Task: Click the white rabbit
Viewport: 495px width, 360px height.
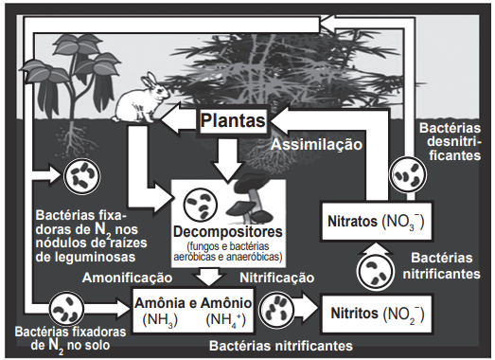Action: click(x=139, y=99)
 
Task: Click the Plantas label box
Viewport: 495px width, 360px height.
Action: click(x=233, y=120)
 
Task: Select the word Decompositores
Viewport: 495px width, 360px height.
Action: click(x=227, y=232)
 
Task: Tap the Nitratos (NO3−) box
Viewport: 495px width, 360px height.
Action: click(x=376, y=222)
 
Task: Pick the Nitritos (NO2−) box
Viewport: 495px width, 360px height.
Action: click(x=377, y=314)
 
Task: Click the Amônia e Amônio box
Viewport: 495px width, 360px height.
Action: click(x=193, y=311)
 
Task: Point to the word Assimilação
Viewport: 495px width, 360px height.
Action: click(x=317, y=144)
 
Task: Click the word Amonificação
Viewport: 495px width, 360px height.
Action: click(x=127, y=278)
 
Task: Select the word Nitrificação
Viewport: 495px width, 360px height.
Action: click(x=277, y=278)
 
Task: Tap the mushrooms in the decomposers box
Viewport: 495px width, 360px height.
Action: click(x=250, y=198)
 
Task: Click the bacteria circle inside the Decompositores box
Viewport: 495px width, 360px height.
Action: click(x=201, y=205)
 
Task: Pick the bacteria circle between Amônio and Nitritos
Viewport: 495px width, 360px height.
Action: click(x=276, y=309)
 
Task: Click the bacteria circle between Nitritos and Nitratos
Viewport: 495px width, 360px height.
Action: click(x=376, y=272)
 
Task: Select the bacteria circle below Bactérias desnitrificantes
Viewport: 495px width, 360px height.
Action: click(x=408, y=174)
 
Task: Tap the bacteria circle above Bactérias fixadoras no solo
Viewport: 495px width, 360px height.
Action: click(x=66, y=308)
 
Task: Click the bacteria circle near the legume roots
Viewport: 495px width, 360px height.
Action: click(x=82, y=175)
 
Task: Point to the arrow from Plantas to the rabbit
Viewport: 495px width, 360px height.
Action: click(x=178, y=119)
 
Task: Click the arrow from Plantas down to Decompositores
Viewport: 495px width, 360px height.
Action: click(x=228, y=159)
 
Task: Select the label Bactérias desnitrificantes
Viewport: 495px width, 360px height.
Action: click(x=451, y=142)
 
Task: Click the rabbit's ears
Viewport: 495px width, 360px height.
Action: click(x=150, y=80)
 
